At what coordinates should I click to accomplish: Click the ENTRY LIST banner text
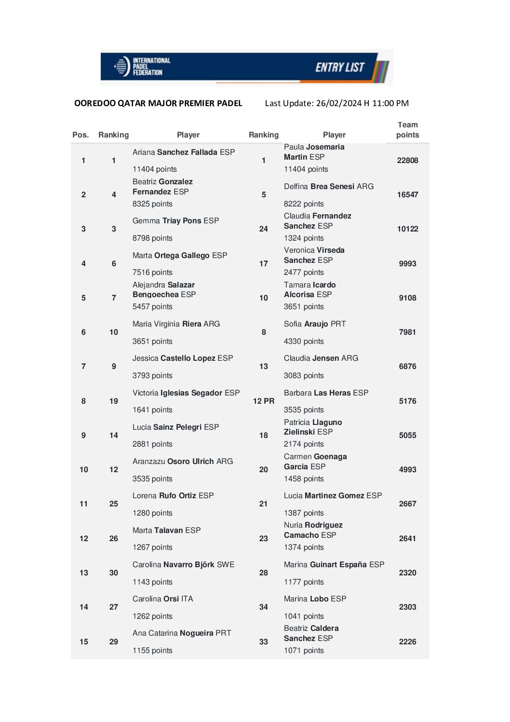[x=339, y=67]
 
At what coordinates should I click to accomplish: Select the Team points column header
[x=407, y=130]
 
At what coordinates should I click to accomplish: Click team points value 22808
[x=407, y=160]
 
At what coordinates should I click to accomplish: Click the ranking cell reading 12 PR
[x=264, y=401]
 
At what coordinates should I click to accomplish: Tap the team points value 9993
[x=407, y=263]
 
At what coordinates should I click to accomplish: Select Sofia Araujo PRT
[x=315, y=324]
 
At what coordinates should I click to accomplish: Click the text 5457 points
[x=152, y=306]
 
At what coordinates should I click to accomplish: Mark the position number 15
[x=84, y=641]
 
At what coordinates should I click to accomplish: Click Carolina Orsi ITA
[x=162, y=599]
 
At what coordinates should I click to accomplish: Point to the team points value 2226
[x=407, y=641]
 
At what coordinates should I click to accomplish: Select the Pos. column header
[x=81, y=135]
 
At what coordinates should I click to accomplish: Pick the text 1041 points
[x=304, y=616]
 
